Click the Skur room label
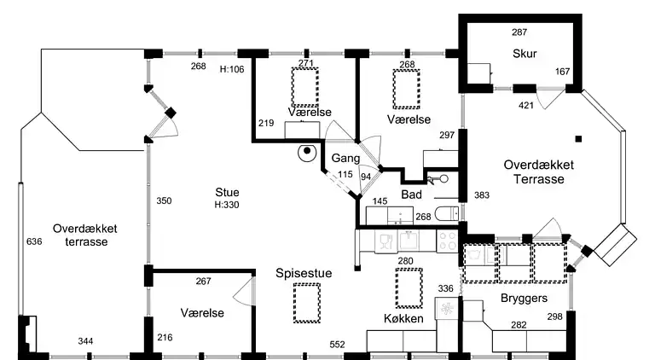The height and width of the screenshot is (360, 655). [x=523, y=54]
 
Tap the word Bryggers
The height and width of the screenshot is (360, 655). [x=525, y=299]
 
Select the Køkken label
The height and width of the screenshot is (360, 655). [x=403, y=318]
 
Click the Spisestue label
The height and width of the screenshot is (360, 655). [x=304, y=273]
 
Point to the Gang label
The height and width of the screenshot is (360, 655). [x=345, y=159]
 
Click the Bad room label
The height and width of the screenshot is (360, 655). [x=412, y=195]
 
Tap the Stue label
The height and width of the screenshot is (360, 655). [x=227, y=192]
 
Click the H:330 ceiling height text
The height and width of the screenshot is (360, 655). [x=227, y=205]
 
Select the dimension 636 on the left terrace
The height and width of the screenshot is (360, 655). [x=34, y=242]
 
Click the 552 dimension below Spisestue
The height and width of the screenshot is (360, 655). [x=338, y=344]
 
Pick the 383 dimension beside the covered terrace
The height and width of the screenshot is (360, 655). [x=482, y=195]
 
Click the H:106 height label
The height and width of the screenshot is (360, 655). [x=232, y=69]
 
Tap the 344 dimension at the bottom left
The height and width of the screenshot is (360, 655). [x=85, y=342]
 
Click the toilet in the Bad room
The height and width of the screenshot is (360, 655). [x=444, y=214]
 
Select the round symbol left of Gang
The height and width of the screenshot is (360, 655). [x=305, y=154]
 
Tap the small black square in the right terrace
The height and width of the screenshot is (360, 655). [x=578, y=138]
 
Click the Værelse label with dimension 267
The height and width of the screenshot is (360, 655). [x=203, y=313]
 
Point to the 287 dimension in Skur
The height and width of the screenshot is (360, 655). [x=519, y=32]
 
